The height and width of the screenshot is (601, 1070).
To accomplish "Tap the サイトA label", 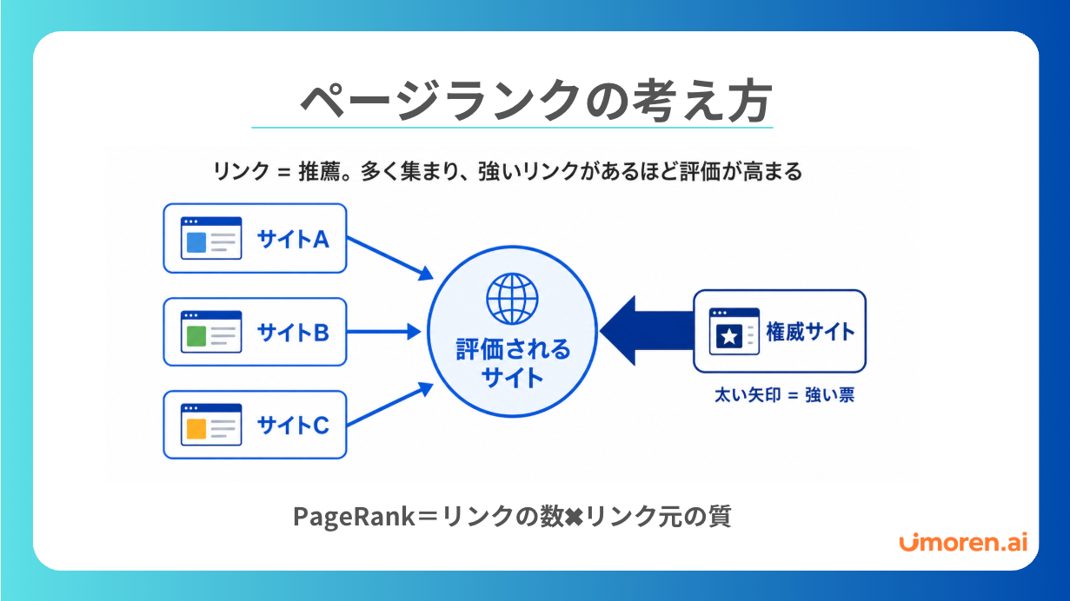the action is [293, 239].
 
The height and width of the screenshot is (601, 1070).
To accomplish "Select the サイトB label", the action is [293, 333].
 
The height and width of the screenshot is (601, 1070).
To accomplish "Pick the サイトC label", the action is [293, 425].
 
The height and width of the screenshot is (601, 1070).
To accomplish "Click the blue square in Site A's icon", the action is [196, 242].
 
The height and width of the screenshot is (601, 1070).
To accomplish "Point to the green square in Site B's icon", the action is [196, 336].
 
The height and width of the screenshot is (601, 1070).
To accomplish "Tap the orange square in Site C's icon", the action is [196, 429].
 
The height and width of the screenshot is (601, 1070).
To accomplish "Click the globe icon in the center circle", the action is [512, 299].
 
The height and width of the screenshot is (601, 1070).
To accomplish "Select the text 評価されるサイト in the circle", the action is [513, 363].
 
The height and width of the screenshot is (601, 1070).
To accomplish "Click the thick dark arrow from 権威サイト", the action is [647, 331].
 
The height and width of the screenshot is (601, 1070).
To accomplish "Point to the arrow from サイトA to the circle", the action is [389, 258].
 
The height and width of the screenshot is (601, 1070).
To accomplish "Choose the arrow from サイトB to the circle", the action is [383, 331].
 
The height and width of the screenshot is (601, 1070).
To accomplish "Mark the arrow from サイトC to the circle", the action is [389, 404].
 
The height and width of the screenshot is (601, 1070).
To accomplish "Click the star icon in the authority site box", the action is [729, 337].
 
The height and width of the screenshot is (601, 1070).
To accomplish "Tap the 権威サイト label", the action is [810, 331].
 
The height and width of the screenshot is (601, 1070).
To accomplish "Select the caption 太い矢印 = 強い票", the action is [784, 395].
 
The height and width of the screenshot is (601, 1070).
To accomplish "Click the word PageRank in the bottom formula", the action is [354, 517].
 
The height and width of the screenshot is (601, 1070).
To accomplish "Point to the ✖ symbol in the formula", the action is [574, 517].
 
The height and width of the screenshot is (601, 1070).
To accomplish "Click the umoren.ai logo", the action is [963, 542].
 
